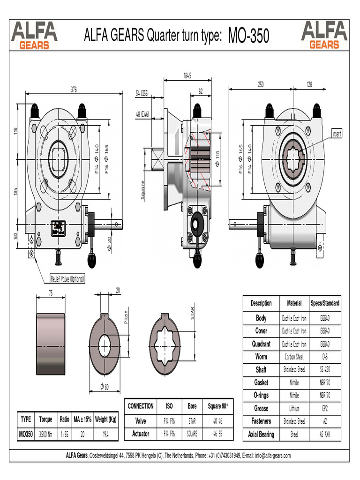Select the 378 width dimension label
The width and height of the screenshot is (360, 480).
(x=74, y=89)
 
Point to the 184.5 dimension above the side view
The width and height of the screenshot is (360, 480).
(x=187, y=75)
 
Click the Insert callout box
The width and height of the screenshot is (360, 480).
(x=337, y=134)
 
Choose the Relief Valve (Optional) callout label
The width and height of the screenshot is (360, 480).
(x=68, y=279)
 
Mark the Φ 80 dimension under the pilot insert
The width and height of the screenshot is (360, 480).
(x=105, y=387)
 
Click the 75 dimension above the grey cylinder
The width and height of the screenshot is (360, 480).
(x=50, y=293)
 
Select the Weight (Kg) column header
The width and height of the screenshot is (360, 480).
(x=105, y=419)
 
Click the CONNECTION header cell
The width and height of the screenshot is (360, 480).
(x=141, y=406)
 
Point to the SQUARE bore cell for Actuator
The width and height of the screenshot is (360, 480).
(x=192, y=434)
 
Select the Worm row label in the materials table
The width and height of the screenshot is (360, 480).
(x=261, y=357)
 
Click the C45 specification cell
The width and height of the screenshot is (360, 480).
(x=325, y=357)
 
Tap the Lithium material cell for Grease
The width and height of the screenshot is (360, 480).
(x=294, y=408)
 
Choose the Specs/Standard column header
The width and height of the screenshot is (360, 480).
(x=325, y=303)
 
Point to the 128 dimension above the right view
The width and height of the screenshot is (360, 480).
(x=309, y=84)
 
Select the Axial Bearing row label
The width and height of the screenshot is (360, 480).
(x=261, y=435)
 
